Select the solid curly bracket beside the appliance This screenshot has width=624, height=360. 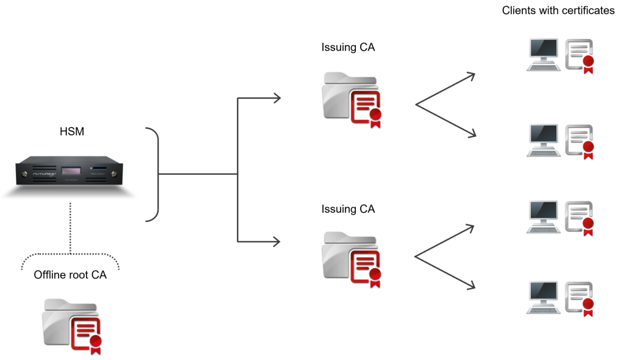[153, 174]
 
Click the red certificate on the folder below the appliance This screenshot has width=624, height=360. [85, 333]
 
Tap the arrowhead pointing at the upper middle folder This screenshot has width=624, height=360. [277, 97]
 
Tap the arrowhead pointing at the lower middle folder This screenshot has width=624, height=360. [277, 242]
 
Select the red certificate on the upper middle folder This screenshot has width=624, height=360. [365, 107]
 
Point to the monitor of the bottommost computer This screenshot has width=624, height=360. [543, 291]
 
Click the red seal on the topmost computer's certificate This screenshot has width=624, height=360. [588, 60]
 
